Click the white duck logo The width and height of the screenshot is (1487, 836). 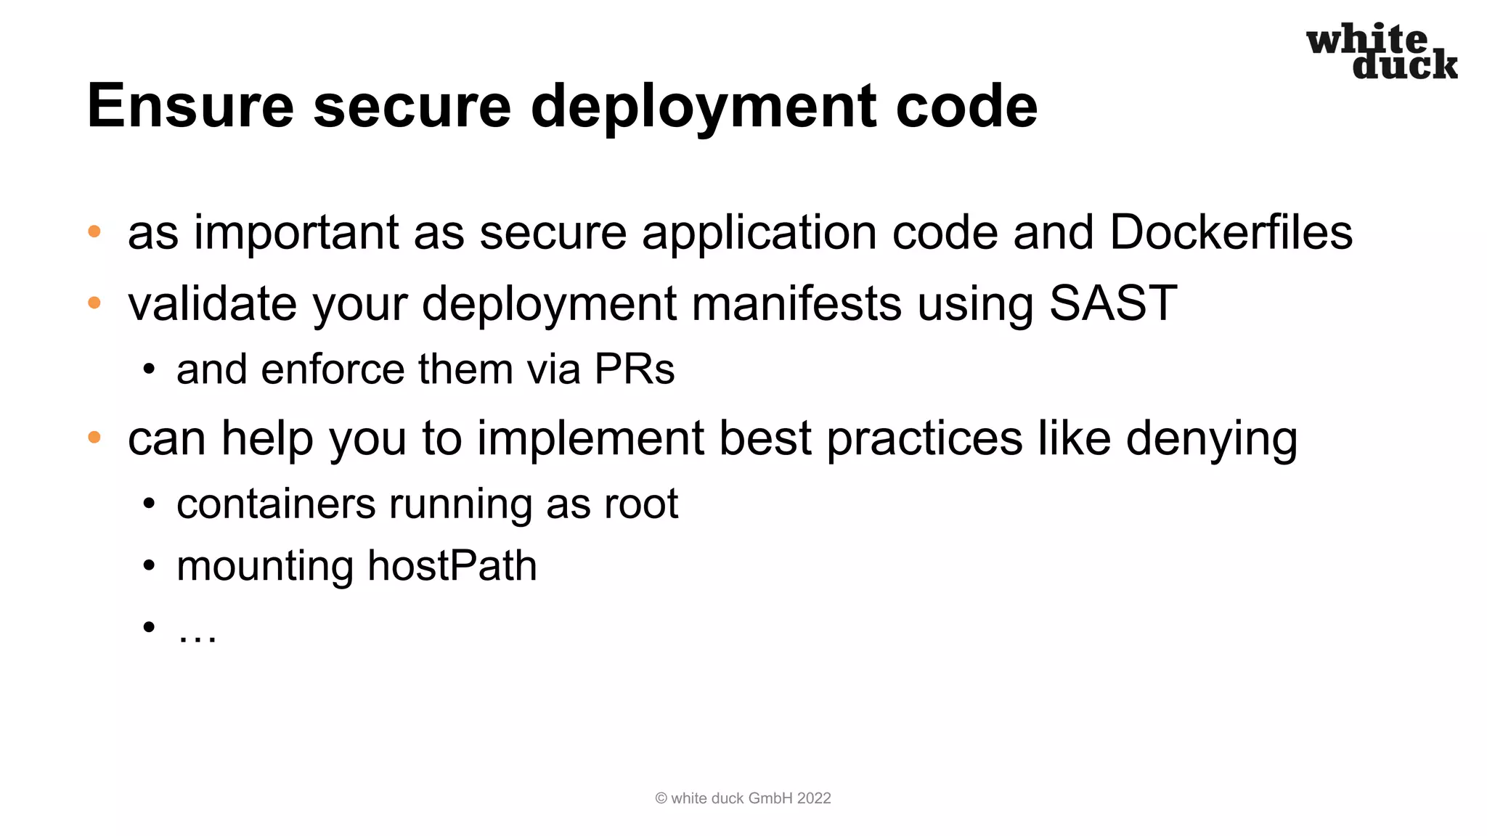[x=1381, y=51]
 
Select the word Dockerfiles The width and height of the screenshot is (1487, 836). [x=1231, y=233]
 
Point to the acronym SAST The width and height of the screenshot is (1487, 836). [x=1112, y=303]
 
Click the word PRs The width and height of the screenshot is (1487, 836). [x=634, y=369]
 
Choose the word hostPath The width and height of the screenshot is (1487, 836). [x=452, y=566]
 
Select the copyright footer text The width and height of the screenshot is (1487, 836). [x=743, y=798]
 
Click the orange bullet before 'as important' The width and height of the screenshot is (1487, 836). [x=94, y=232]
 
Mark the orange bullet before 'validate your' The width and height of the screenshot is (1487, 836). [x=94, y=303]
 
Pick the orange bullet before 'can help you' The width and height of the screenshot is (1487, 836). [x=94, y=438]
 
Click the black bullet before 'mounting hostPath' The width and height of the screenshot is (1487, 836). [x=149, y=565]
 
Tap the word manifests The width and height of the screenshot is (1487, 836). [x=797, y=303]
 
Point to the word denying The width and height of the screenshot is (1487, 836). [x=1211, y=439]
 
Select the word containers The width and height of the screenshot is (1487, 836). [x=275, y=504]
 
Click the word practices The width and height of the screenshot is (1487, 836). [x=924, y=439]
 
